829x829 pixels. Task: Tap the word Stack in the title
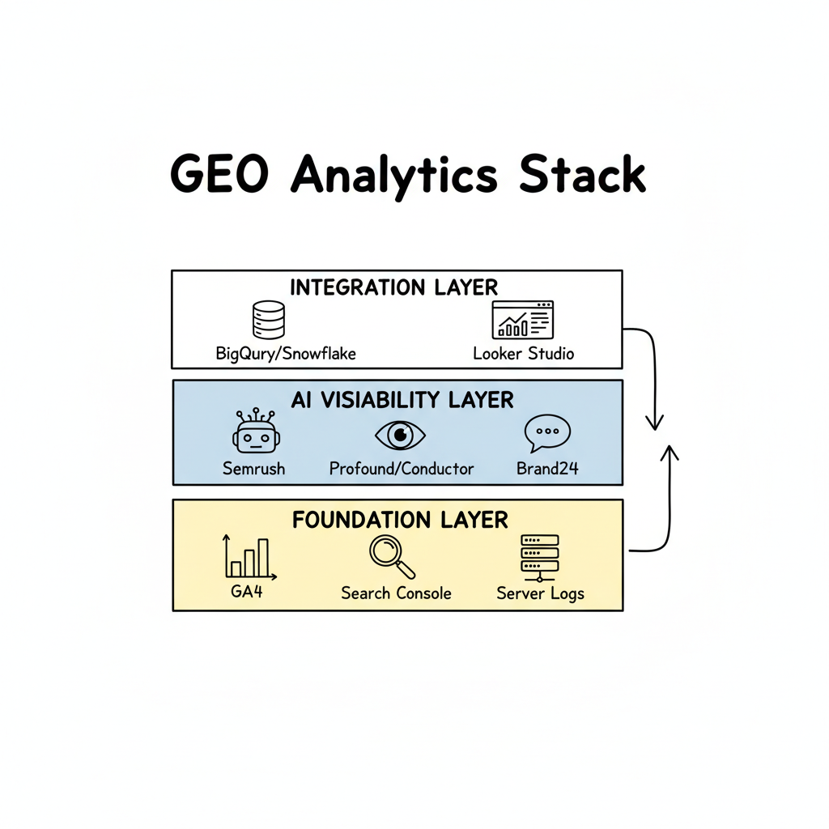pyautogui.click(x=582, y=173)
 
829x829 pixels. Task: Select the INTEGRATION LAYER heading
pyautogui.click(x=393, y=287)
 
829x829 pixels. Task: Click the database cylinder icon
pyautogui.click(x=268, y=320)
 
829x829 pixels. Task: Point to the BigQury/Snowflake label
pyautogui.click(x=286, y=354)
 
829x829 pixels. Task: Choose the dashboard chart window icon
pyautogui.click(x=522, y=320)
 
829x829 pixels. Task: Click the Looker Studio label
pyautogui.click(x=523, y=354)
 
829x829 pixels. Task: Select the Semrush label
pyautogui.click(x=253, y=468)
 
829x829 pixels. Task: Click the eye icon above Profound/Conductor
pyautogui.click(x=400, y=436)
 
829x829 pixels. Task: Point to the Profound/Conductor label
pyautogui.click(x=402, y=468)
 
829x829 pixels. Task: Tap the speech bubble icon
pyautogui.click(x=547, y=434)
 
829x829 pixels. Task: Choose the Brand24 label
pyautogui.click(x=547, y=468)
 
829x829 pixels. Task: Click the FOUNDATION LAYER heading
pyautogui.click(x=400, y=519)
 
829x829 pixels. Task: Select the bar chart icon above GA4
pyautogui.click(x=249, y=556)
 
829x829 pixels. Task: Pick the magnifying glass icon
pyautogui.click(x=392, y=557)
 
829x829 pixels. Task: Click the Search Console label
pyautogui.click(x=396, y=593)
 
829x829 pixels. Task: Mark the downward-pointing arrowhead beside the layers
pyautogui.click(x=655, y=422)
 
